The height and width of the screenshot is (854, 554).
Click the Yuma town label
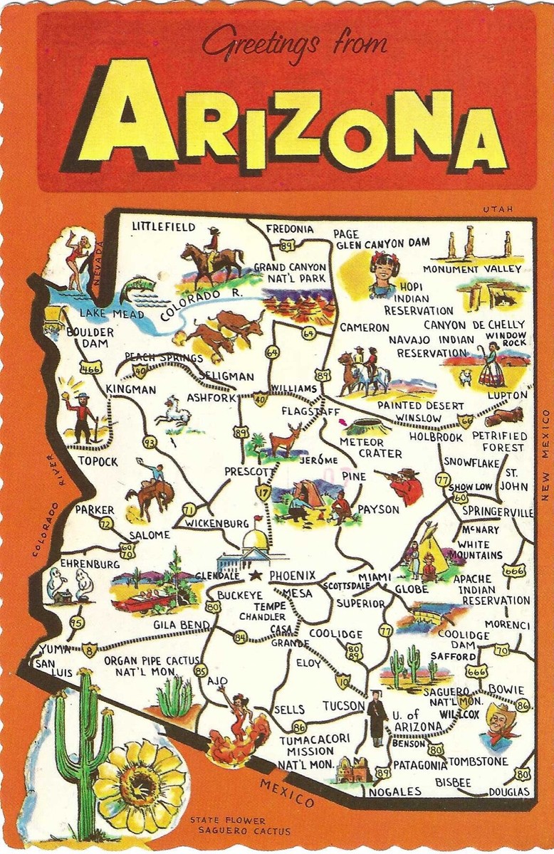[54, 649]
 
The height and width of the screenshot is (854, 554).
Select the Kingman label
[130, 389]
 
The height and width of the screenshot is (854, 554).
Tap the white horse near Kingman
[172, 412]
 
